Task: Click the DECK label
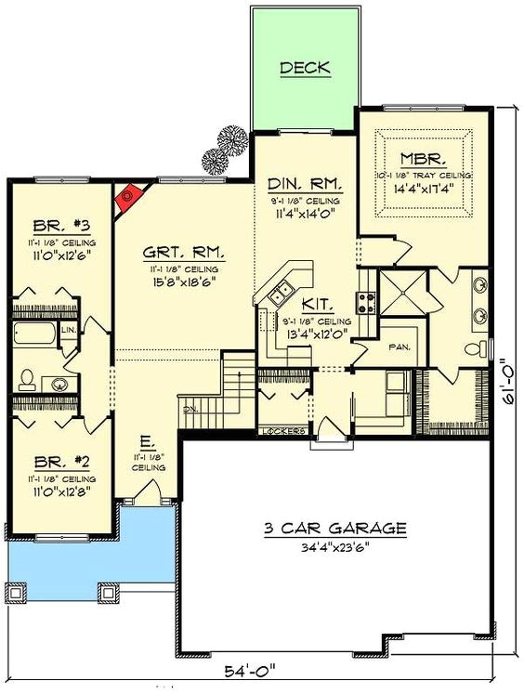pos(305,68)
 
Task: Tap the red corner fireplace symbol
pos(128,197)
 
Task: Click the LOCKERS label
pos(283,431)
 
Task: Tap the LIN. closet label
pos(69,330)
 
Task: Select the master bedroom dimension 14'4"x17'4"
pos(424,189)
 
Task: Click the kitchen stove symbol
pos(366,302)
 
